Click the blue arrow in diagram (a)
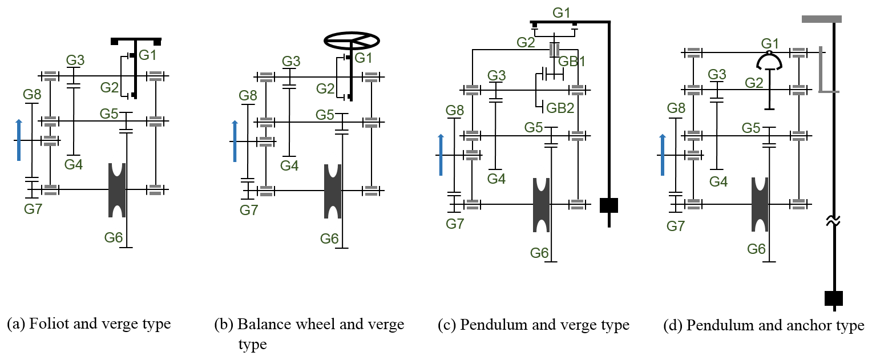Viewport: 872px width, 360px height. pos(19,140)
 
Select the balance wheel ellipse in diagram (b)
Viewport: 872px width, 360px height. pos(352,39)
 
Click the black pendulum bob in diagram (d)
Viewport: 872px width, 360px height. pos(833,298)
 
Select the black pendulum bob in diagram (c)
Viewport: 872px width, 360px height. pos(609,205)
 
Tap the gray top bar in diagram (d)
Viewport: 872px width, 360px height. pos(822,19)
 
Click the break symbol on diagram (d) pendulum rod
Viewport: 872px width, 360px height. pos(834,221)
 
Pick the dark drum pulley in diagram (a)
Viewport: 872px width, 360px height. pos(118,190)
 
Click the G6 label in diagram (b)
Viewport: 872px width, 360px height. pos(329,238)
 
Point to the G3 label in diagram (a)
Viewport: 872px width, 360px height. pos(75,60)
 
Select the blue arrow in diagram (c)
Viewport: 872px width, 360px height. pos(441,155)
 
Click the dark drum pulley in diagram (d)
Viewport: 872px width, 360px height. pos(760,205)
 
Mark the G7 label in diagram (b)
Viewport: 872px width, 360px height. pos(249,211)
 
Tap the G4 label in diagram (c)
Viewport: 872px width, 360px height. pos(496,179)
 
